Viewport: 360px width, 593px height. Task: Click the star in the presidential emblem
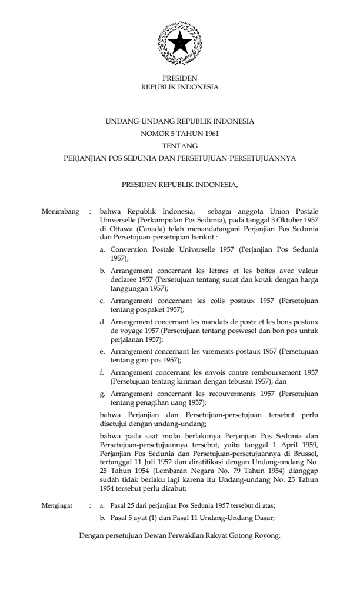[180, 43]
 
